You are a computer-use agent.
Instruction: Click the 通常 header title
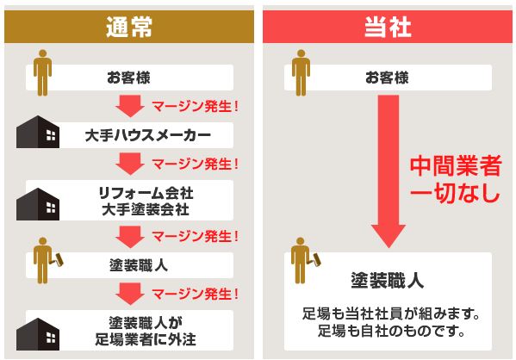click(129, 27)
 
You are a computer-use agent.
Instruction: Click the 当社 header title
click(388, 27)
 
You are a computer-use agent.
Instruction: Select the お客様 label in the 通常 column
click(128, 78)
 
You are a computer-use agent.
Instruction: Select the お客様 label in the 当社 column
click(387, 78)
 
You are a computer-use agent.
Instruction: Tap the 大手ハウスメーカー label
click(148, 135)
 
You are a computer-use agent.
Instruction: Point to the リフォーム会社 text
click(146, 193)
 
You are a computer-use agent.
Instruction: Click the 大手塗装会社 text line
click(146, 209)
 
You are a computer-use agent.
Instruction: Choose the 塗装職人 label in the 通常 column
click(139, 265)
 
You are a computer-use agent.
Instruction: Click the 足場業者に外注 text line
click(146, 339)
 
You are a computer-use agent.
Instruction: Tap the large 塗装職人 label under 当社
click(388, 281)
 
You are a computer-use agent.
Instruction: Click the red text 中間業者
click(456, 166)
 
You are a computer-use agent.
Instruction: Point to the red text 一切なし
click(456, 192)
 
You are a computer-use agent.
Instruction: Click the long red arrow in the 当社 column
click(389, 171)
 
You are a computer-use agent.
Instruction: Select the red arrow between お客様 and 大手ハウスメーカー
click(130, 106)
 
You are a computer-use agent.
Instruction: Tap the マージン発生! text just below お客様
click(195, 106)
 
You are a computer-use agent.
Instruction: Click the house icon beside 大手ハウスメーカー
click(38, 132)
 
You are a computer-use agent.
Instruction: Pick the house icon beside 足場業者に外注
click(38, 334)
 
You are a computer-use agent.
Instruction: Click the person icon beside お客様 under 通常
click(42, 72)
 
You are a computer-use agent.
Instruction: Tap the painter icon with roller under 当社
click(305, 261)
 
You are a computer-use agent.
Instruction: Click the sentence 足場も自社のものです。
click(391, 331)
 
